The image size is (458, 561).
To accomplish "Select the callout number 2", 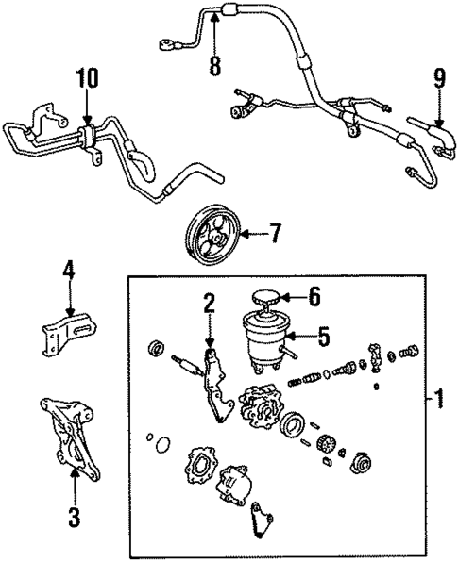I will point(209,304).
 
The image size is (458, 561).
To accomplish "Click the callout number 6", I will point(314,296).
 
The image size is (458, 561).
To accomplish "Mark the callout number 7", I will point(275,232).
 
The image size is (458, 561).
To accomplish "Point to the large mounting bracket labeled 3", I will point(67,438).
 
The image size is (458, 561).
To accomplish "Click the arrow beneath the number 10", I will point(88,108).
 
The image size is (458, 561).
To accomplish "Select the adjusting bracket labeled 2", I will point(214,387).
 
